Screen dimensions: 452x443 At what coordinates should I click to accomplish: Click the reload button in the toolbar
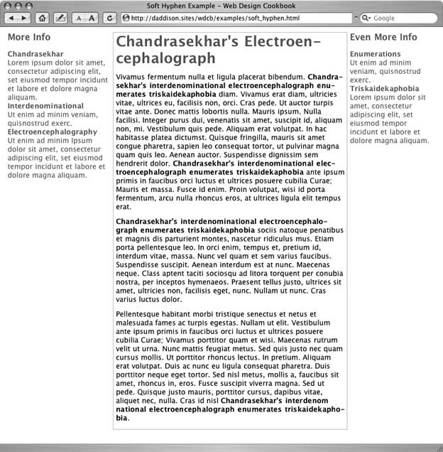pos(109,18)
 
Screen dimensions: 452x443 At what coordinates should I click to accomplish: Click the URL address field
pos(234,18)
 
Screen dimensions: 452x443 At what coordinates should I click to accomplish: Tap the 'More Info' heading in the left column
pos(29,37)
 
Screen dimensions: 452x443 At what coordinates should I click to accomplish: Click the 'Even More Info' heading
pos(383,37)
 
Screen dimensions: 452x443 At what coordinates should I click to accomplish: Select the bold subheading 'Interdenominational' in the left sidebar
pos(45,106)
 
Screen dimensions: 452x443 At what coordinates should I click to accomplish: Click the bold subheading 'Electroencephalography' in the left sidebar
pos(53,131)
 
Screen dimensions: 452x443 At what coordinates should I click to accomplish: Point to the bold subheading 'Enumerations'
pos(376,54)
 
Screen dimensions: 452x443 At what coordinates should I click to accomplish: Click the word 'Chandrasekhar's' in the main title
pos(177,43)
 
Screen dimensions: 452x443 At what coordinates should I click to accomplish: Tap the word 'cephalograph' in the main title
pos(165,59)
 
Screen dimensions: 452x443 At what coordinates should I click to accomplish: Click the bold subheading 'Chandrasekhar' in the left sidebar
pos(35,54)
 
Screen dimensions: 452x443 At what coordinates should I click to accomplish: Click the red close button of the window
pos(9,6)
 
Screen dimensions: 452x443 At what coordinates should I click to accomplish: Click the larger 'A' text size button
pos(91,18)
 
